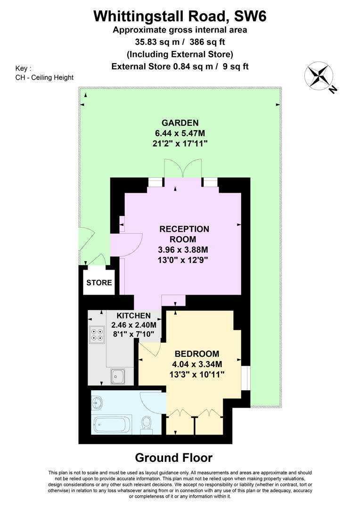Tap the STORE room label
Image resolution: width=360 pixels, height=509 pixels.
[x=99, y=283]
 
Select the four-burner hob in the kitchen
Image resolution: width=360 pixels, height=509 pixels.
[x=97, y=334]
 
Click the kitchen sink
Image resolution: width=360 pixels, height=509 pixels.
[x=117, y=376]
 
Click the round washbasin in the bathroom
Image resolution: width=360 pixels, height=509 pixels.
[x=98, y=402]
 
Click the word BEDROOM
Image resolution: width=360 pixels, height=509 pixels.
[x=196, y=354]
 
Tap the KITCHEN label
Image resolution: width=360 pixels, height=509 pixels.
[x=133, y=316]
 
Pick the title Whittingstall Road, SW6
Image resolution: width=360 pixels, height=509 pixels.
[x=180, y=17]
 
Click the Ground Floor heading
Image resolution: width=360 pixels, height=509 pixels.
[x=173, y=457]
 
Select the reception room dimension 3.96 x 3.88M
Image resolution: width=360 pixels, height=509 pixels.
[x=184, y=250]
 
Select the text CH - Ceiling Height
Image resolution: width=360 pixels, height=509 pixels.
[x=44, y=77]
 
